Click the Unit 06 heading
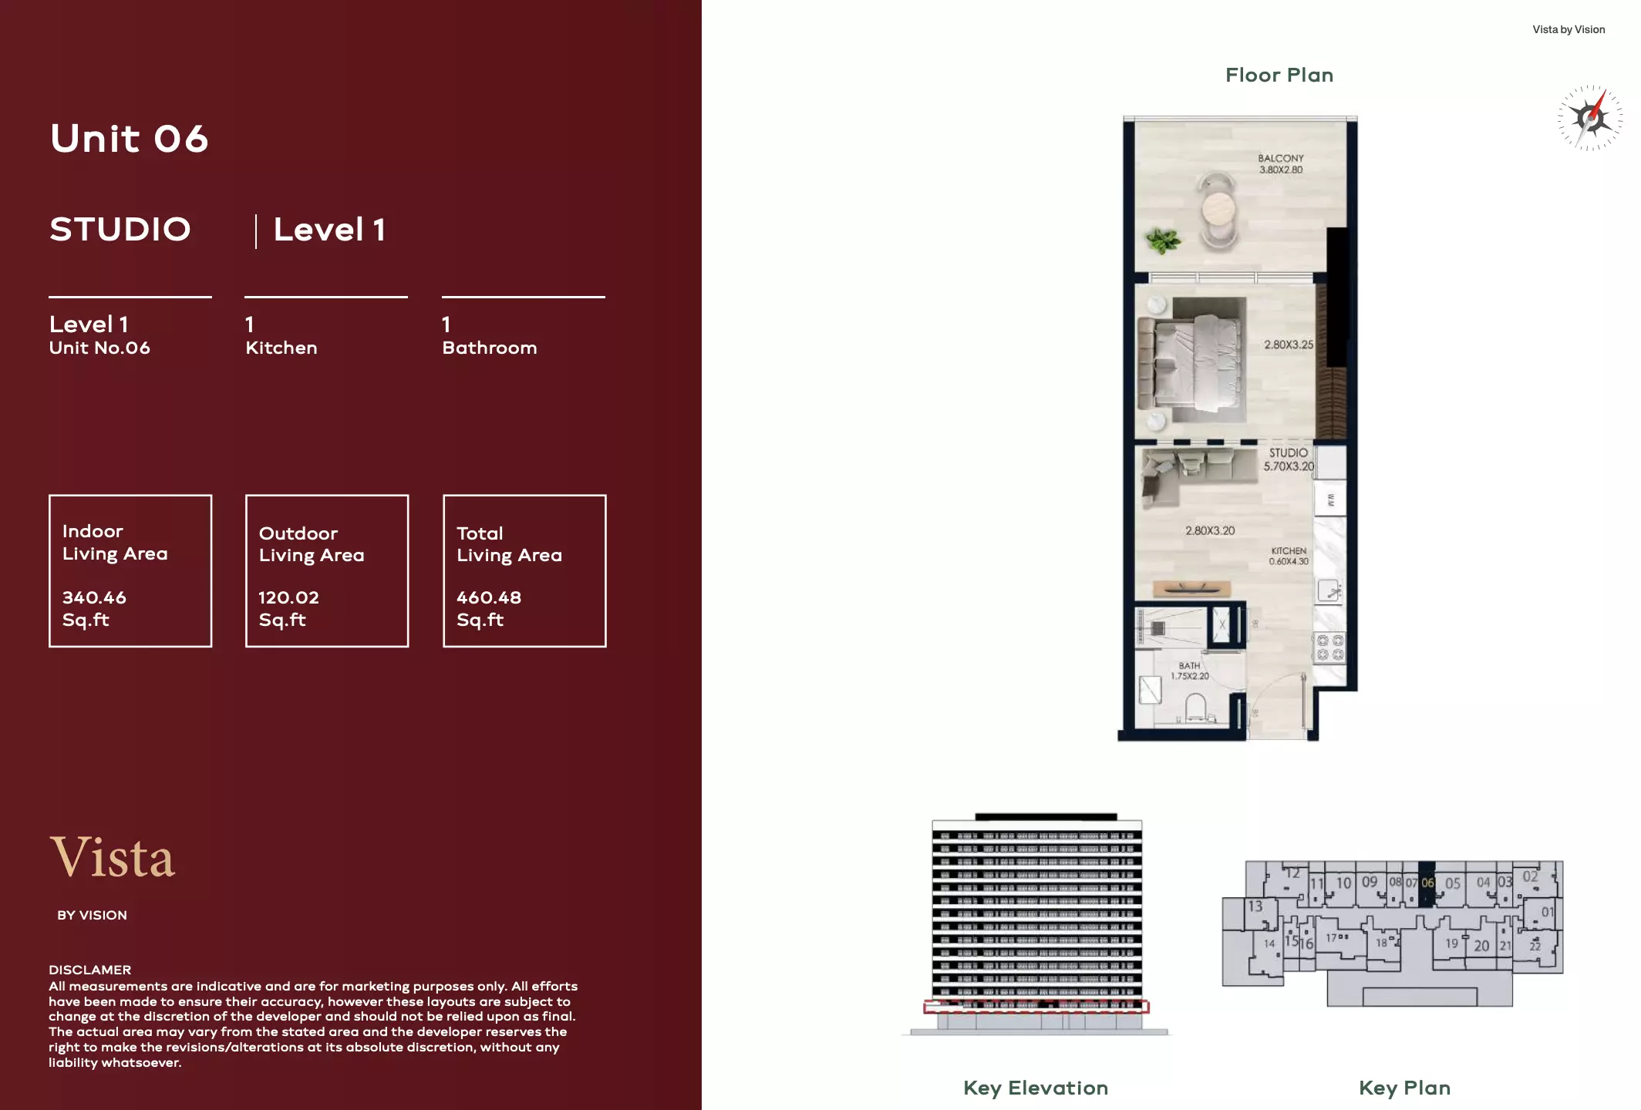[129, 140]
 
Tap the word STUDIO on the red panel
[120, 230]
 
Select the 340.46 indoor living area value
[94, 597]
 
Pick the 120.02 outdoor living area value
[288, 597]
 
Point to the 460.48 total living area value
[489, 597]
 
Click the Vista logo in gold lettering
[113, 857]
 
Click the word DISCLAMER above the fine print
[89, 970]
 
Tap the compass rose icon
[1589, 118]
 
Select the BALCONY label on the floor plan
[1280, 158]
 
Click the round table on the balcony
[1218, 207]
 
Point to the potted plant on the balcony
[1162, 240]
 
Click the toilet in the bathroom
[1195, 708]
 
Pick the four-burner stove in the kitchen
[1329, 647]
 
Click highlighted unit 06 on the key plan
[1427, 883]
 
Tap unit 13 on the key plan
[1255, 906]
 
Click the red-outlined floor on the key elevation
[1036, 1006]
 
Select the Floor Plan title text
[1279, 75]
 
